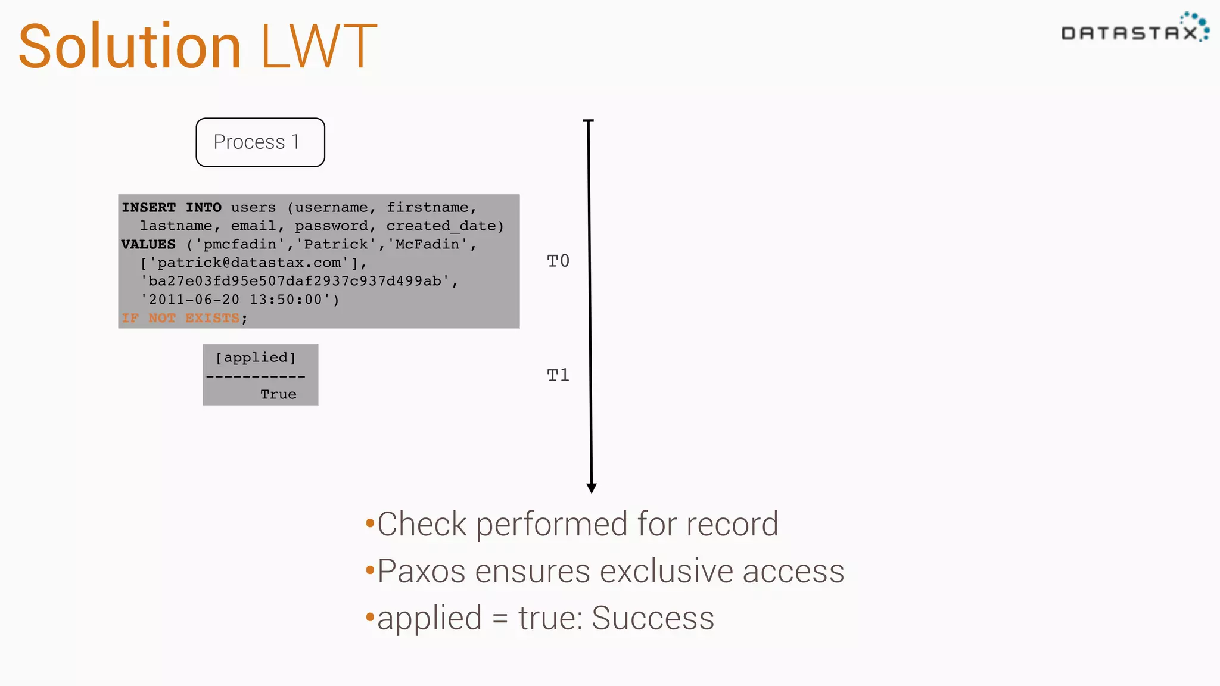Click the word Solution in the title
point(130,46)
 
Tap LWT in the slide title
point(319,46)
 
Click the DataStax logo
point(1135,30)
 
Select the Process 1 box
point(260,142)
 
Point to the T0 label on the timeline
point(558,261)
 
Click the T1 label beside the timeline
point(558,375)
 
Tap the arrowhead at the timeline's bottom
point(592,488)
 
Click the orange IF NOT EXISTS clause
point(180,318)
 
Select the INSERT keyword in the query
point(149,207)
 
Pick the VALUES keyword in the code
point(148,244)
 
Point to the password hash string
point(295,281)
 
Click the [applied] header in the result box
point(256,357)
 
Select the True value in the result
point(278,394)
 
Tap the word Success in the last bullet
point(653,618)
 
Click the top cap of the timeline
point(589,121)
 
